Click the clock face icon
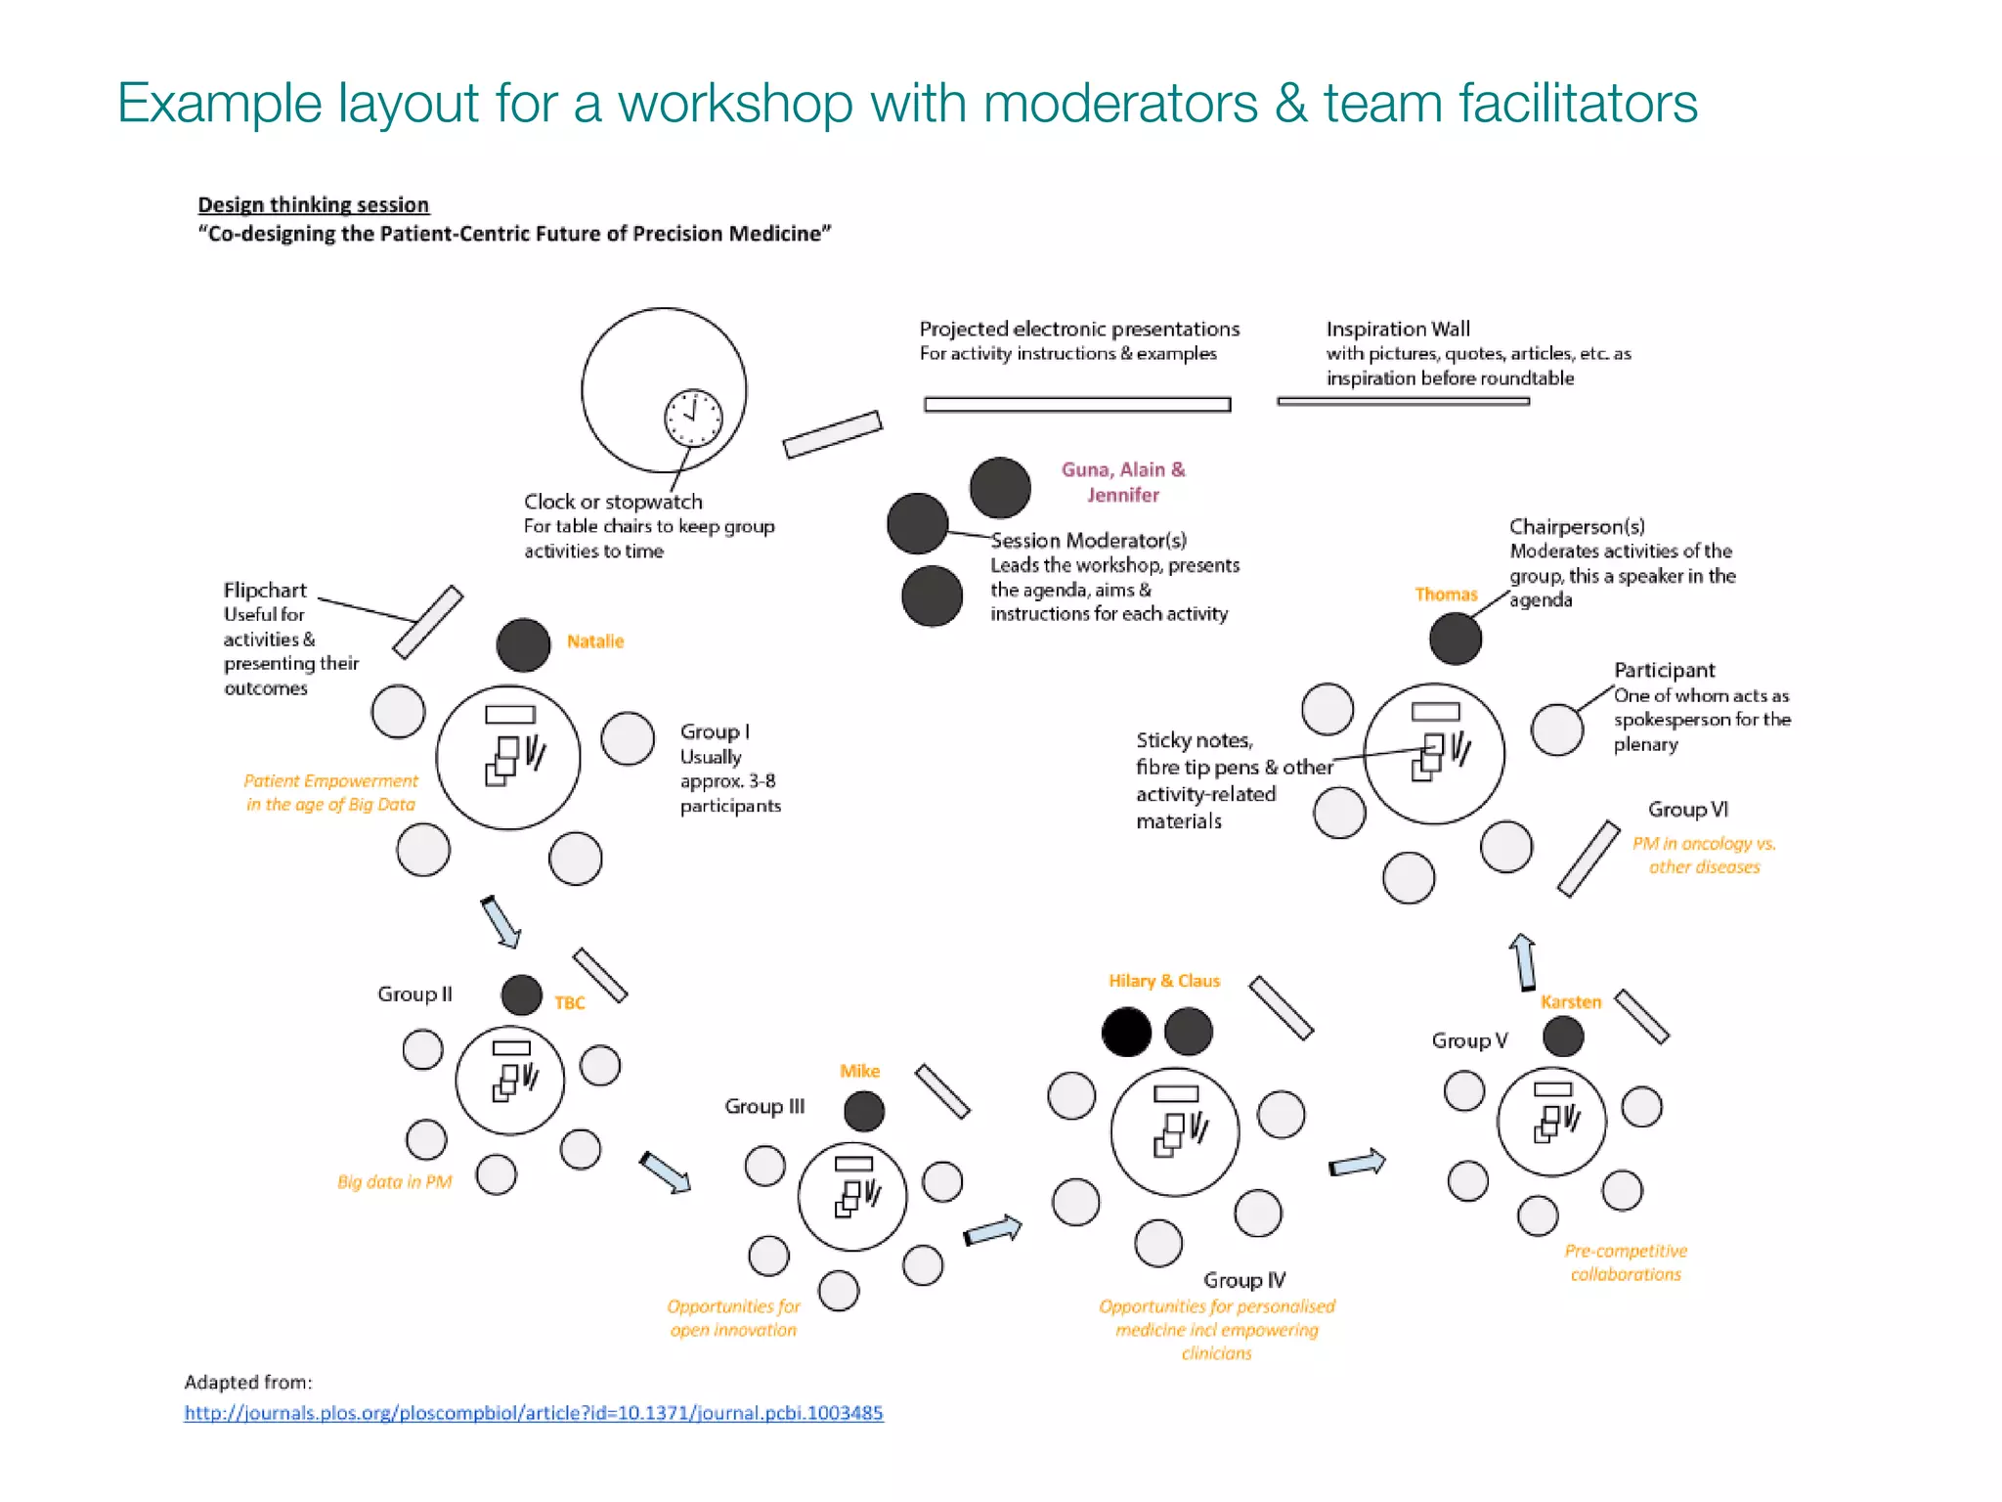pyautogui.click(x=693, y=418)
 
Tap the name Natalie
pyautogui.click(x=594, y=641)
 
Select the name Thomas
pyautogui.click(x=1446, y=595)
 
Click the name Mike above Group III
pyautogui.click(x=859, y=1071)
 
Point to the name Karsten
pyautogui.click(x=1571, y=1001)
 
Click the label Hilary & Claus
pyautogui.click(x=1163, y=981)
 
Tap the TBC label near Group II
pyautogui.click(x=569, y=1002)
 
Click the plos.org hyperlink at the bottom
pyautogui.click(x=534, y=1413)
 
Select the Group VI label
pyautogui.click(x=1687, y=810)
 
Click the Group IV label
pyautogui.click(x=1244, y=1280)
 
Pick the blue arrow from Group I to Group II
pyautogui.click(x=500, y=921)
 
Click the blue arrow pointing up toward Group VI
pyautogui.click(x=1523, y=962)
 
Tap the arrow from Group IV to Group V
pyautogui.click(x=1357, y=1164)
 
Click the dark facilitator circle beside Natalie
pyautogui.click(x=523, y=645)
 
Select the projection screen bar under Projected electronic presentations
pyautogui.click(x=1076, y=404)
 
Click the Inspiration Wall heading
pyautogui.click(x=1397, y=330)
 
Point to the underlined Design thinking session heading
pyautogui.click(x=313, y=204)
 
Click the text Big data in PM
pyautogui.click(x=394, y=1181)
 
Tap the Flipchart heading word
pyautogui.click(x=265, y=591)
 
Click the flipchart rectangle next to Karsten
pyautogui.click(x=1641, y=1017)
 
